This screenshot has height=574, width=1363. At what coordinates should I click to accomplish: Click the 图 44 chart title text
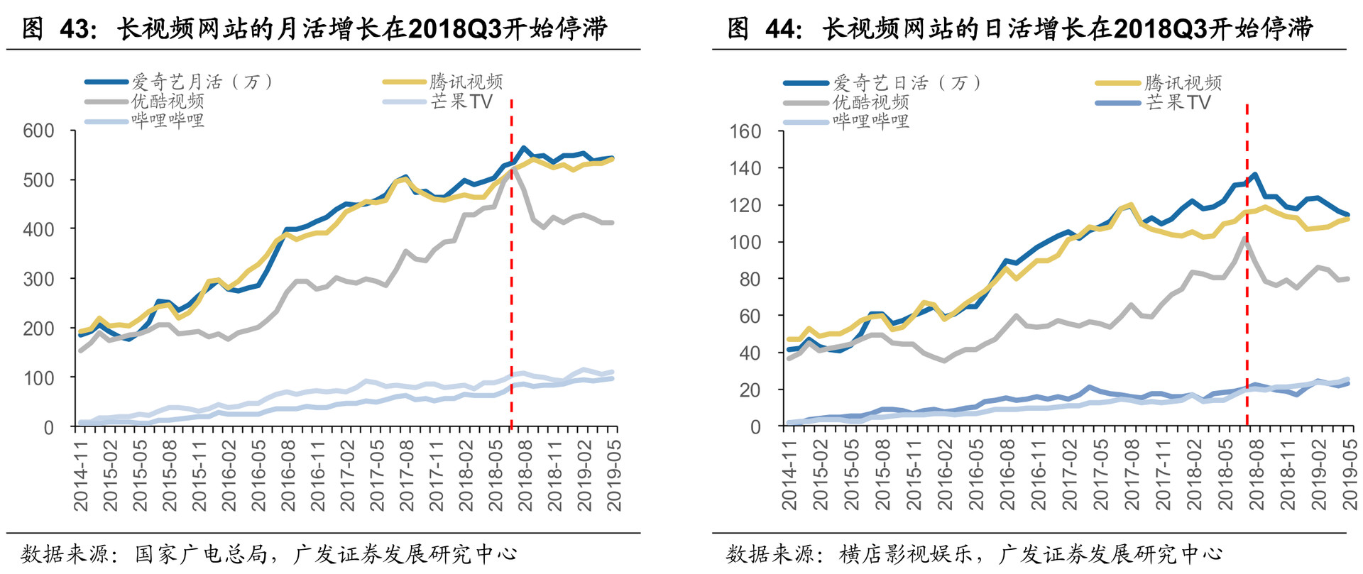1020,28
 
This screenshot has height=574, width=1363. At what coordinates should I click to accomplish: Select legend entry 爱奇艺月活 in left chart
202,82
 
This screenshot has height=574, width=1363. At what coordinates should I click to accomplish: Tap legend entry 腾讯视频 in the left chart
466,82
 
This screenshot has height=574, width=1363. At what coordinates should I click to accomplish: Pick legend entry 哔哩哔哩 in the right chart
870,121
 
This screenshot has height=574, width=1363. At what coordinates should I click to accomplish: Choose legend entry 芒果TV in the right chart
1178,102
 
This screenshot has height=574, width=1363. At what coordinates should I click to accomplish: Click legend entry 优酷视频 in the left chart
168,101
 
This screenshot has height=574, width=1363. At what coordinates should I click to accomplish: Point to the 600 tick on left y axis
38,131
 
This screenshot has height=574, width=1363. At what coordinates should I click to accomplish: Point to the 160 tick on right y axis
745,131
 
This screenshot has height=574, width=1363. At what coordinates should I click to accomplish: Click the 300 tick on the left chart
38,279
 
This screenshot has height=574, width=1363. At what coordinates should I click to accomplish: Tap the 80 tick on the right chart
750,279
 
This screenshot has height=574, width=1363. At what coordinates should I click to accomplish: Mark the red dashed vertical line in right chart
1247,284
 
